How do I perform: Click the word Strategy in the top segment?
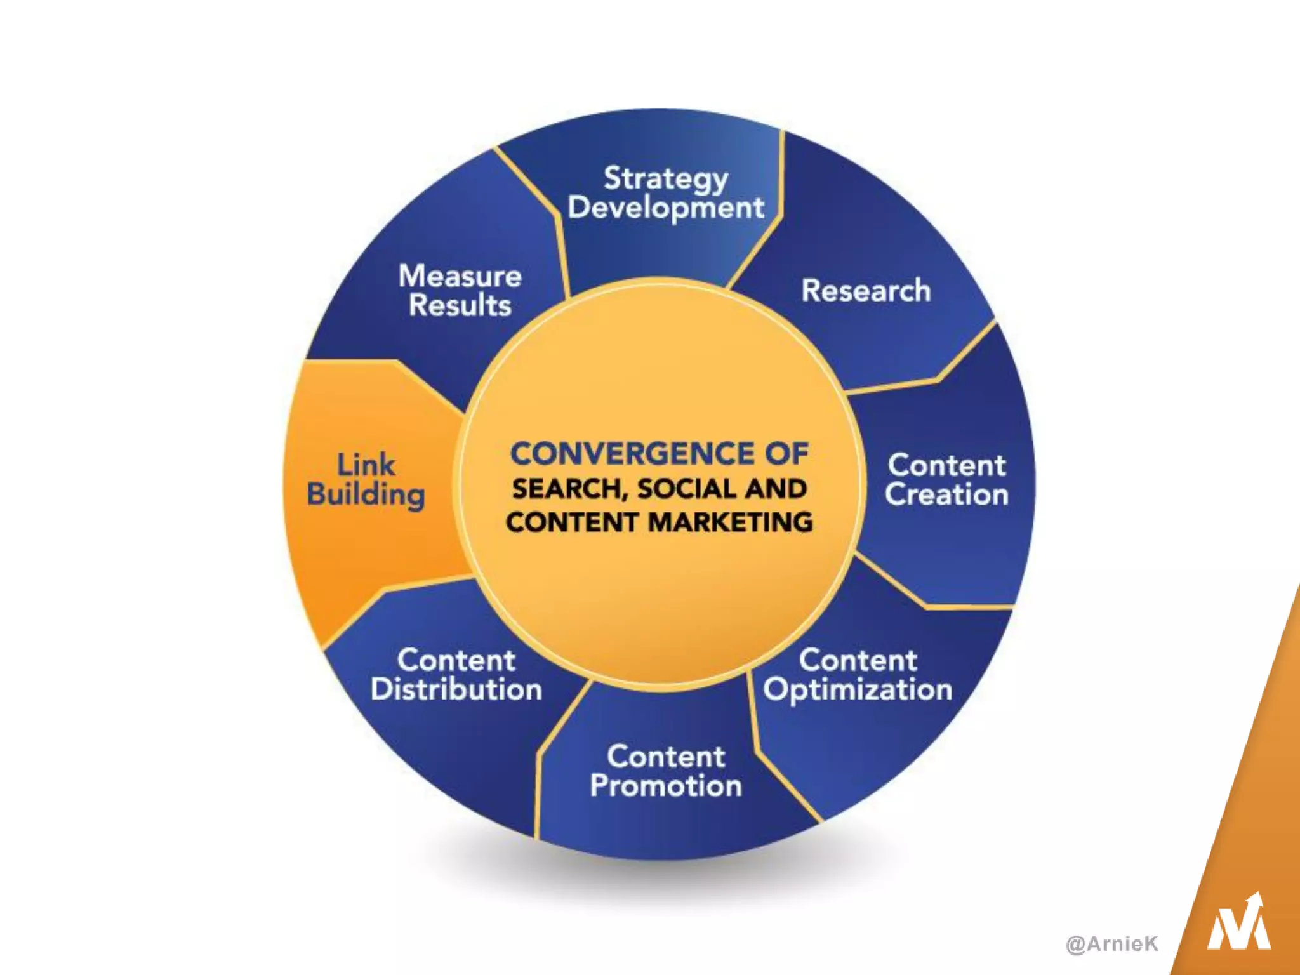point(665,179)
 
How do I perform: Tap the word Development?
point(666,208)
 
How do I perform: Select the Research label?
point(866,291)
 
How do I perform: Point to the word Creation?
point(946,494)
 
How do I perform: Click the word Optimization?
point(858,690)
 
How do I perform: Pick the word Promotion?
point(666,786)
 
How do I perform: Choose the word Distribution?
point(456,689)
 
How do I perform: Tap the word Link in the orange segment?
point(366,465)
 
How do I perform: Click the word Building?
point(366,495)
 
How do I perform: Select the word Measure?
point(460,276)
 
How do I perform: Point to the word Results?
point(460,305)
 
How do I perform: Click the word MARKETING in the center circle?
point(731,522)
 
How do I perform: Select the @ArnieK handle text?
point(1112,943)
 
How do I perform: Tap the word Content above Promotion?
point(666,757)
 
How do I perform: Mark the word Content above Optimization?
point(858,660)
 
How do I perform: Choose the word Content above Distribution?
point(456,660)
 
